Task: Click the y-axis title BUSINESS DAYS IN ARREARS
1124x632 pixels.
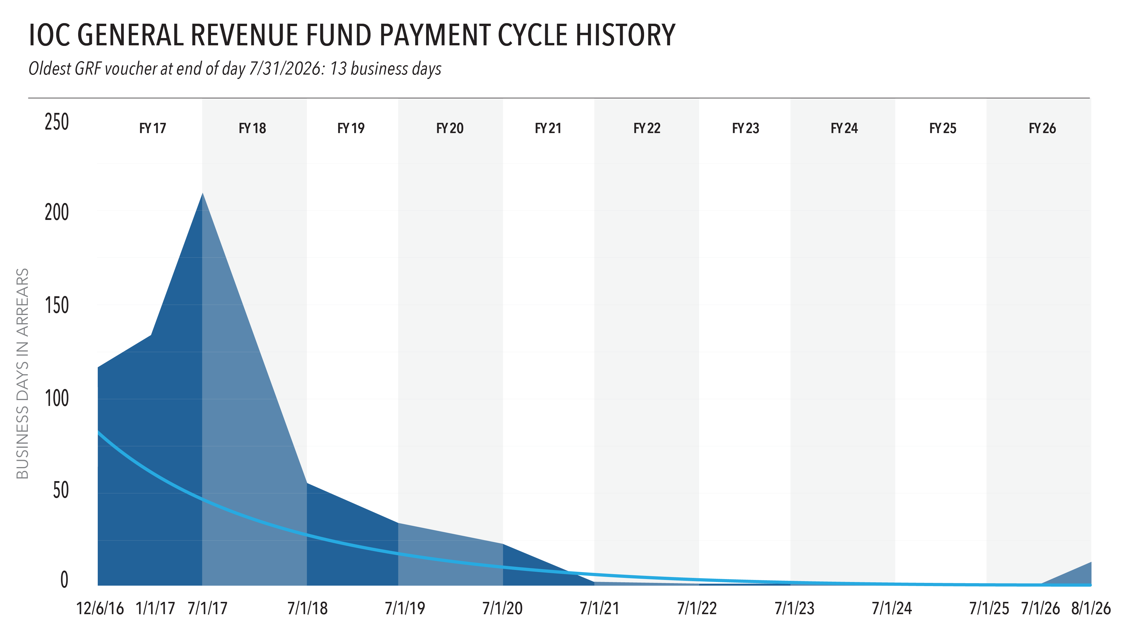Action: coord(22,373)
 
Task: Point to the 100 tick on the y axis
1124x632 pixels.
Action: coord(57,398)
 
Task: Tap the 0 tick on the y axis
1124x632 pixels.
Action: coord(64,580)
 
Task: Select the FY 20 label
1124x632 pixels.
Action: coord(450,128)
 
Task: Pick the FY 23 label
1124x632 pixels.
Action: coord(746,128)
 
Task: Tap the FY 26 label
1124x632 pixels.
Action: coord(1042,128)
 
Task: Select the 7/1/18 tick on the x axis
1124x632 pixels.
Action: coord(308,608)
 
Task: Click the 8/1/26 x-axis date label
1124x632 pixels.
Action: coord(1091,608)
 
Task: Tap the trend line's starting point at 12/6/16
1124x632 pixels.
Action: coord(98,431)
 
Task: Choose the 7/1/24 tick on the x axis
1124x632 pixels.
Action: coord(892,608)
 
